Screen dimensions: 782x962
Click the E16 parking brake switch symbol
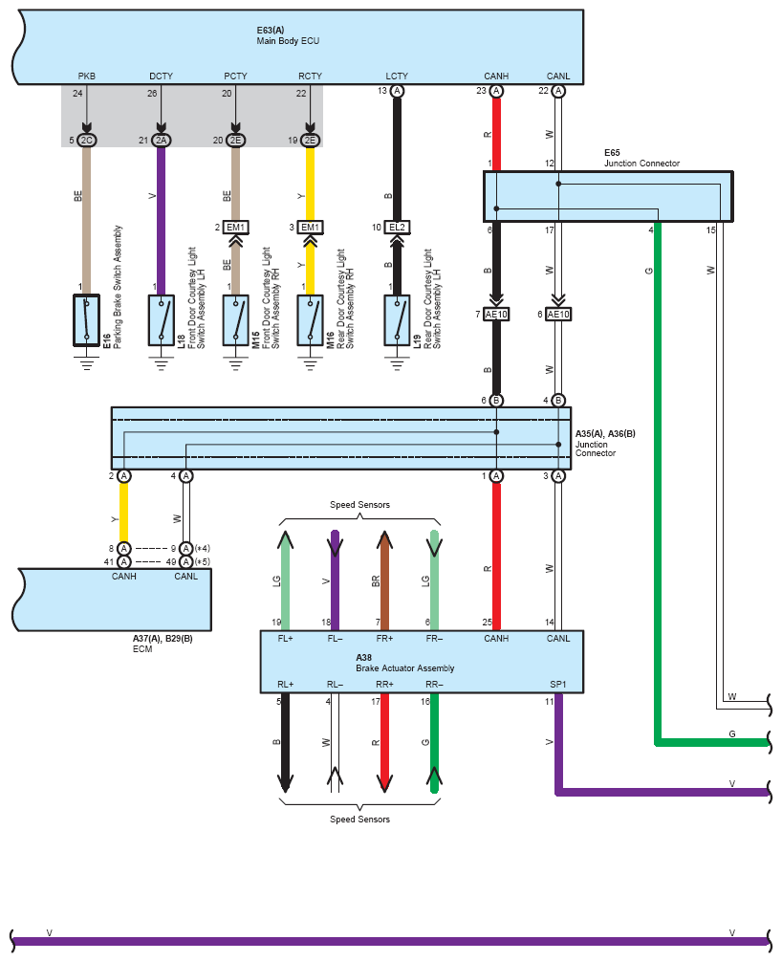[86, 320]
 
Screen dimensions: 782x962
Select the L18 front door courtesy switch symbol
[161, 320]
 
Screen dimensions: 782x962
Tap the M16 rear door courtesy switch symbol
[310, 320]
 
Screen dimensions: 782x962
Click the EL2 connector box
[397, 227]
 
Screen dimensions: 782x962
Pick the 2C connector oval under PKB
[86, 141]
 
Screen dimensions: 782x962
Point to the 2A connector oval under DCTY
[161, 141]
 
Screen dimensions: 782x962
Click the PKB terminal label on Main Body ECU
[86, 77]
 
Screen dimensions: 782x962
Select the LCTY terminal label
[397, 77]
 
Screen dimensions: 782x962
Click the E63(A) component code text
[271, 30]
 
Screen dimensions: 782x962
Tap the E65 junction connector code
[612, 153]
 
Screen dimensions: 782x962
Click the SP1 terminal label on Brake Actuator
[558, 685]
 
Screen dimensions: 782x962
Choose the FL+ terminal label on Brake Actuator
[285, 639]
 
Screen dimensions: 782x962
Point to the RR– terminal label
[434, 685]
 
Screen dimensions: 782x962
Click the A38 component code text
[363, 658]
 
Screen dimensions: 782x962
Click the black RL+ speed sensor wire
[285, 743]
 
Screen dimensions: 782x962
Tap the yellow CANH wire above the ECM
[124, 512]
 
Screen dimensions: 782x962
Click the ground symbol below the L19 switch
[397, 364]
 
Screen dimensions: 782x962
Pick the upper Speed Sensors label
[360, 505]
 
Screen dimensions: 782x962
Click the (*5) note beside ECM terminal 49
[203, 562]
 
